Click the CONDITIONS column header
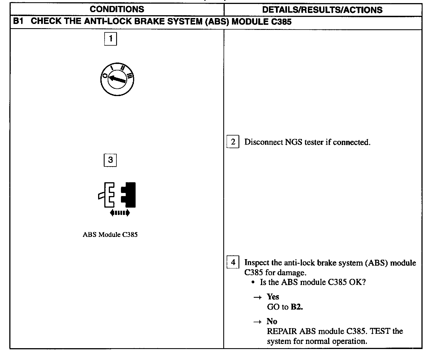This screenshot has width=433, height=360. click(x=117, y=9)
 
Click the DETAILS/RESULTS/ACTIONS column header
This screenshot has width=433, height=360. click(x=322, y=10)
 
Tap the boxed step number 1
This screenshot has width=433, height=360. click(x=111, y=39)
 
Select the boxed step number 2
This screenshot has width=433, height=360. click(x=233, y=142)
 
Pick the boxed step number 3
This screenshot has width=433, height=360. click(x=110, y=160)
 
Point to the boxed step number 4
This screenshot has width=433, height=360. click(x=233, y=262)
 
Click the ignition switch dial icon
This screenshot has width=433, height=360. click(x=117, y=80)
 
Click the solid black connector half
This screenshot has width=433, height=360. click(x=129, y=194)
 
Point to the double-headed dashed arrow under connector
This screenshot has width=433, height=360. click(x=120, y=213)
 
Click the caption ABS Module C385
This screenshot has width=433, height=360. click(x=110, y=235)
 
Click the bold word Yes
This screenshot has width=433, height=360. click(x=273, y=297)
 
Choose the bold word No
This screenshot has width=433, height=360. click(x=272, y=321)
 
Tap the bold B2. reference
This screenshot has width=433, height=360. click(x=297, y=307)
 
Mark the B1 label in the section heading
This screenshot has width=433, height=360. click(x=18, y=22)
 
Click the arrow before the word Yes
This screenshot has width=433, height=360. click(x=258, y=297)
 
